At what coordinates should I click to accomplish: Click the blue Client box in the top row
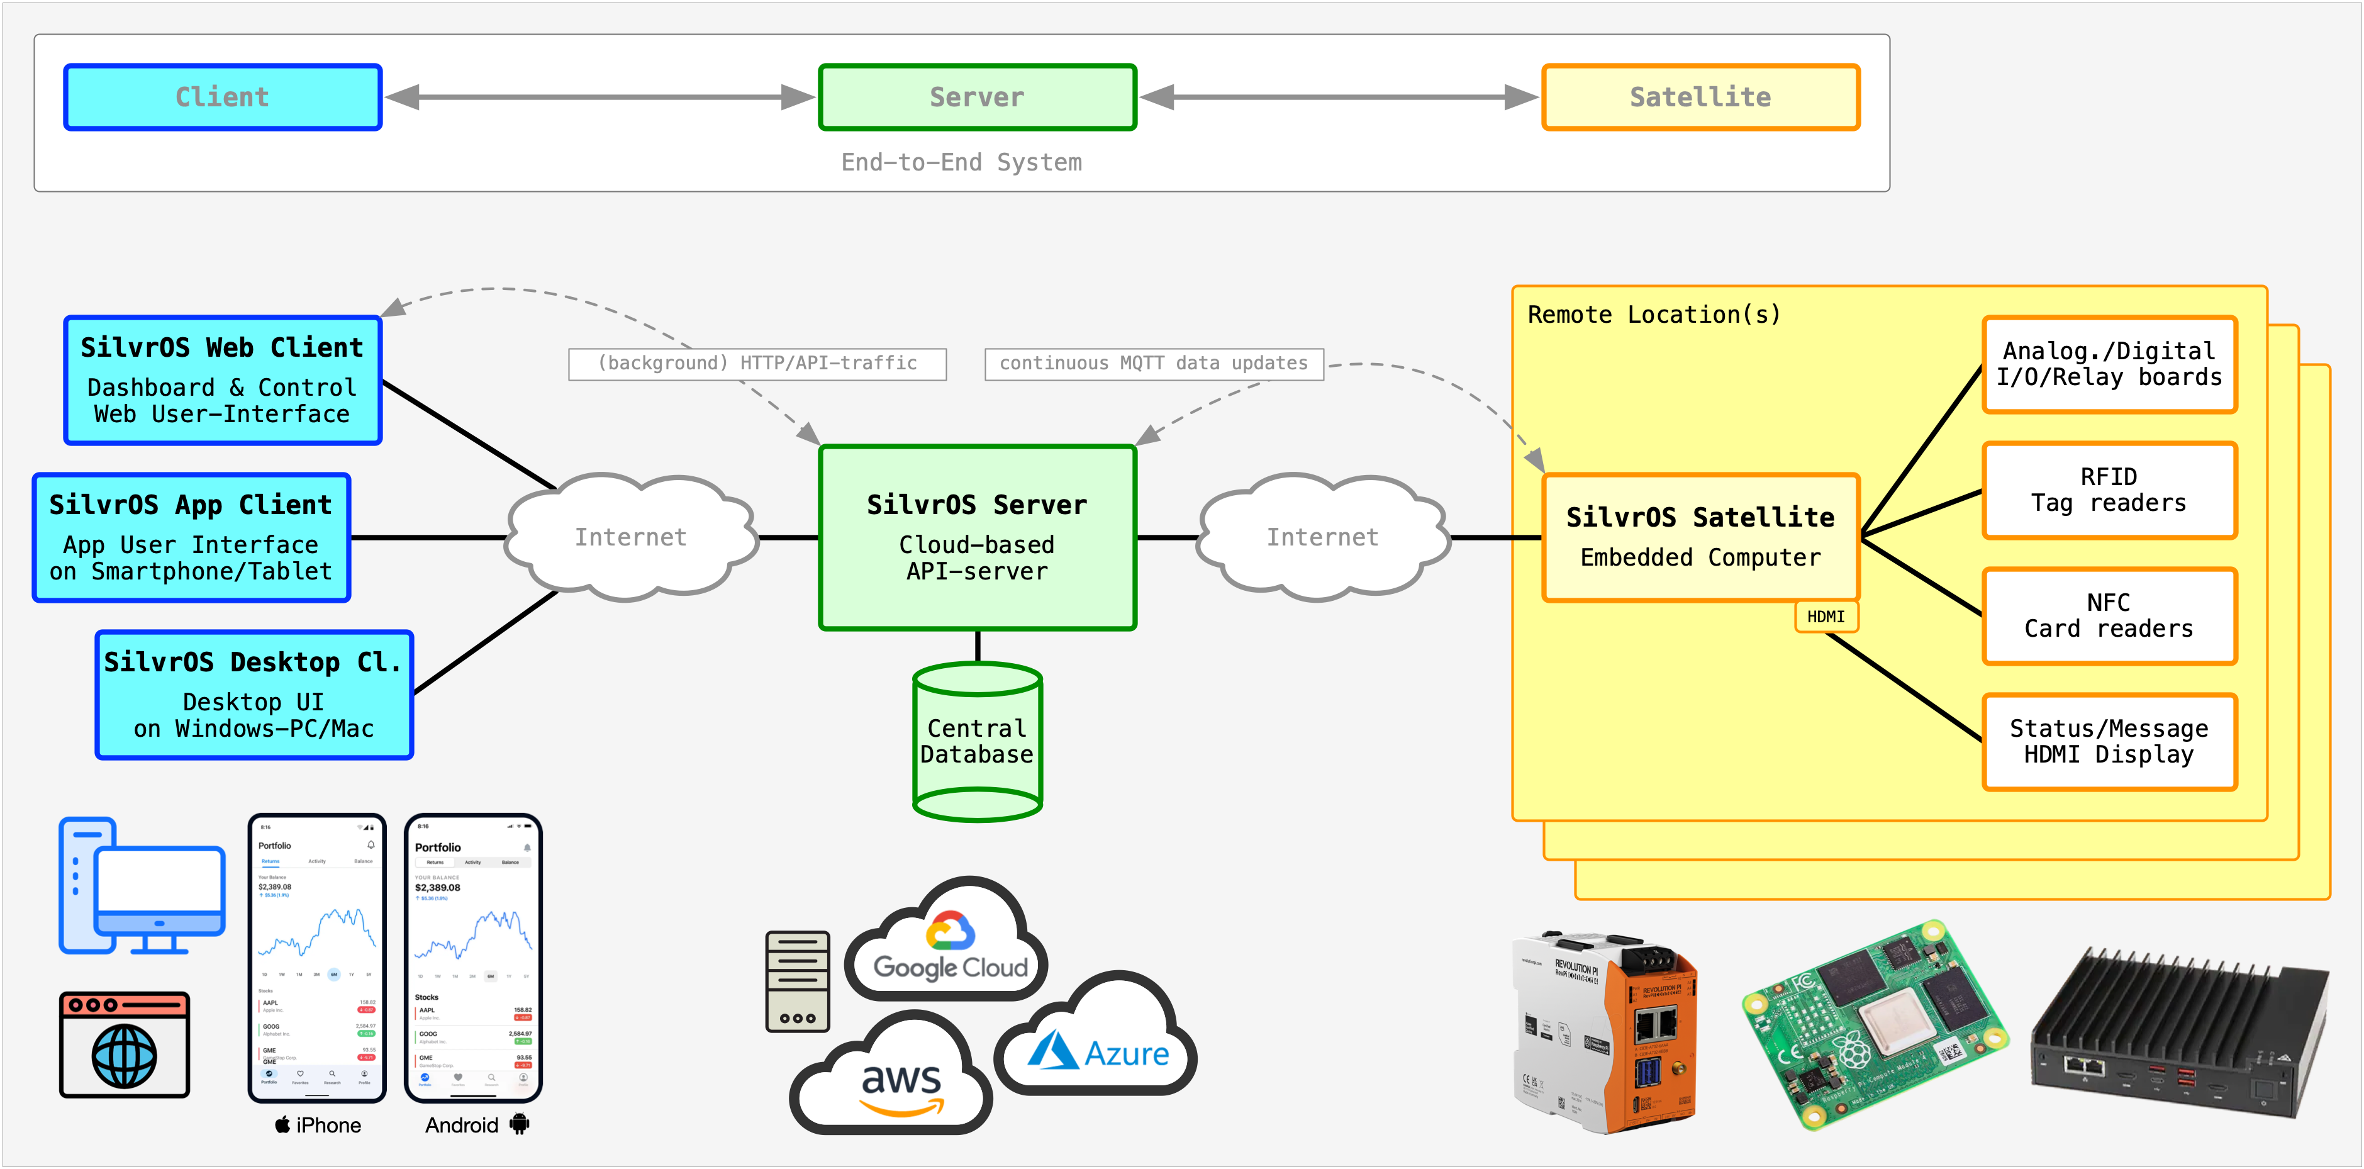pyautogui.click(x=222, y=98)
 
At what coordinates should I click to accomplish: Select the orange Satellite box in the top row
pyautogui.click(x=1700, y=98)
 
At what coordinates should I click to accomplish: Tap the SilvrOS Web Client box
pyautogui.click(x=222, y=381)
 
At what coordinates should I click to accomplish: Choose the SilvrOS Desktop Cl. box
pyautogui.click(x=254, y=695)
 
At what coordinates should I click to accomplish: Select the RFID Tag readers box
pyautogui.click(x=2109, y=490)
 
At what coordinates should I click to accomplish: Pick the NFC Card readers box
pyautogui.click(x=2109, y=616)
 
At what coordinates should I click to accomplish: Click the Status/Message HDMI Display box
pyautogui.click(x=2109, y=741)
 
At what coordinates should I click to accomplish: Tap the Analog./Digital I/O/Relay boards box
pyautogui.click(x=2109, y=364)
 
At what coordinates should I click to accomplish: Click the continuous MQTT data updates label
pyautogui.click(x=1154, y=364)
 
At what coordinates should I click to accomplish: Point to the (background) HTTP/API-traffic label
pyautogui.click(x=757, y=364)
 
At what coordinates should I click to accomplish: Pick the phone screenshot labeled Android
pyautogui.click(x=474, y=957)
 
